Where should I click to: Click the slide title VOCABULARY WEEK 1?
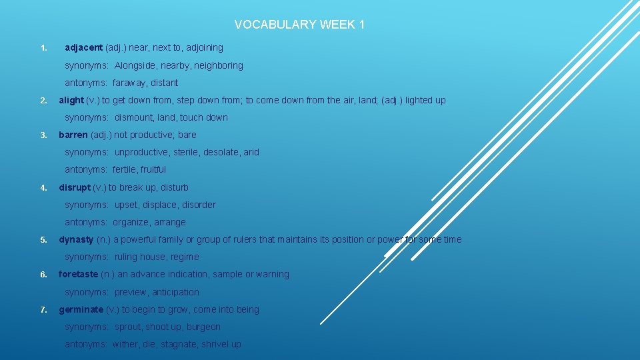click(299, 25)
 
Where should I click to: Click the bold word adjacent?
click(83, 47)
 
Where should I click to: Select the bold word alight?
click(71, 100)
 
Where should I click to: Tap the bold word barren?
click(73, 135)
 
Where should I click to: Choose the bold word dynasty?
click(76, 239)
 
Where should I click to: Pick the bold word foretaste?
click(78, 274)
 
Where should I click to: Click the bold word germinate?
click(81, 309)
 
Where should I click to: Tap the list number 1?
click(43, 48)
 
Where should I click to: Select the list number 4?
click(43, 188)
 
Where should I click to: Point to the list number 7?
click(43, 310)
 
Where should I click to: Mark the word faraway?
click(127, 83)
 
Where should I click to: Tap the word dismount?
click(133, 117)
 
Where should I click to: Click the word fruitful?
click(153, 169)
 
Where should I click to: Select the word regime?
click(185, 257)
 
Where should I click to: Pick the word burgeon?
click(204, 327)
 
